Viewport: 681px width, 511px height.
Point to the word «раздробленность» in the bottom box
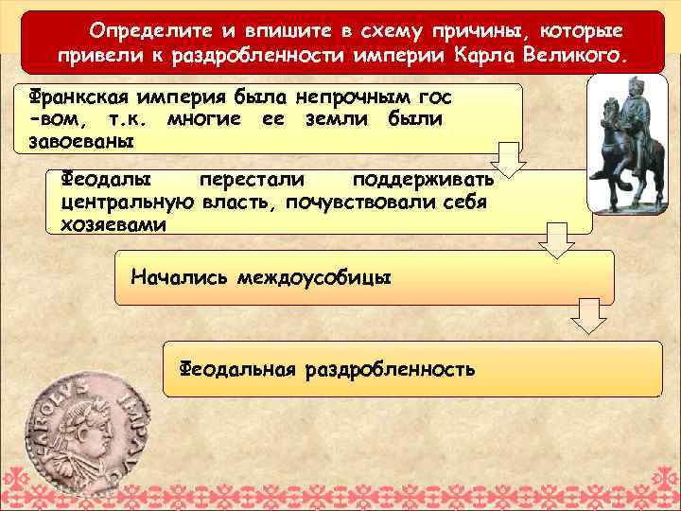click(390, 367)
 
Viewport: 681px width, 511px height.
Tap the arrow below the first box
click(509, 157)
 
